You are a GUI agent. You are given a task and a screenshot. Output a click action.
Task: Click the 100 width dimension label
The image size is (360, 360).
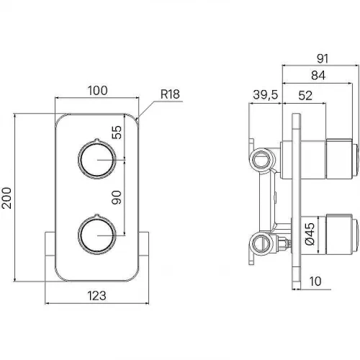click(x=97, y=91)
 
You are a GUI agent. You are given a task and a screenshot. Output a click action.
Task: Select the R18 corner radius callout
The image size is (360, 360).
click(x=170, y=94)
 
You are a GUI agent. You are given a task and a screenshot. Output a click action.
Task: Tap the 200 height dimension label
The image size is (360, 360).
click(x=6, y=198)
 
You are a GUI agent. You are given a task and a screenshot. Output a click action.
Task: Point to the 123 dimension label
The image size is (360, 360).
click(x=96, y=296)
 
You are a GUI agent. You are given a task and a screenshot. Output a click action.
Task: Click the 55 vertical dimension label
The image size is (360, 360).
click(x=117, y=132)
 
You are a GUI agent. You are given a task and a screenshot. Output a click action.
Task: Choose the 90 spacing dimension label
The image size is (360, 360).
click(x=117, y=197)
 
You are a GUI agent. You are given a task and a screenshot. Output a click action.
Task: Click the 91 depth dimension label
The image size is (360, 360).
click(x=323, y=58)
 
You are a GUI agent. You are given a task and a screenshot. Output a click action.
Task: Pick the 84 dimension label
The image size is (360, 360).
click(x=318, y=76)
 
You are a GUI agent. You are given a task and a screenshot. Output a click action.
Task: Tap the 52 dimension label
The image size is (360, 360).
click(x=305, y=96)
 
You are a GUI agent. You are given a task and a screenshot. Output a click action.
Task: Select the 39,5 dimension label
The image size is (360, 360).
click(x=266, y=94)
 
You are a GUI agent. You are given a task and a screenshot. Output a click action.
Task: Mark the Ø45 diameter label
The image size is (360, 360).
click(x=310, y=233)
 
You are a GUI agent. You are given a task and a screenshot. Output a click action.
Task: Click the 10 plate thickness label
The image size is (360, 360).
click(x=315, y=282)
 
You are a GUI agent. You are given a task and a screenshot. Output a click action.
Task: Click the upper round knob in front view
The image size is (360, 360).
click(x=97, y=160)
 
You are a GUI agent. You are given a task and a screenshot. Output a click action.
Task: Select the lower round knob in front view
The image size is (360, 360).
click(x=97, y=235)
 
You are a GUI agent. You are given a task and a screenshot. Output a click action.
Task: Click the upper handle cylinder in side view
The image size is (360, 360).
click(x=339, y=159)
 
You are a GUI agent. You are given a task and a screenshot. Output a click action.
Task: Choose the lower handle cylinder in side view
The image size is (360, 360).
click(x=339, y=234)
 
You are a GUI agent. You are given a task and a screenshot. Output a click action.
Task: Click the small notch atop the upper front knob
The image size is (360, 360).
click(x=96, y=140)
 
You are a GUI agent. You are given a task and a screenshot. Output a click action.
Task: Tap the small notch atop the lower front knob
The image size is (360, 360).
click(x=96, y=215)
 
